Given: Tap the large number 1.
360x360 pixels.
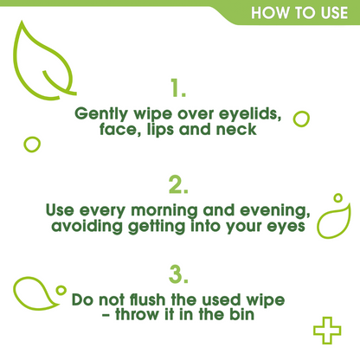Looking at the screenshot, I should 179,88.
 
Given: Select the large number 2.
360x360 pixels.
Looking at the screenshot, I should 179,184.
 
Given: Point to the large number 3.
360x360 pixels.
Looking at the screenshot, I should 179,275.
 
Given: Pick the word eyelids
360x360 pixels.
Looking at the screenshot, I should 252,113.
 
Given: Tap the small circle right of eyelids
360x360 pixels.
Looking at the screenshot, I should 302,119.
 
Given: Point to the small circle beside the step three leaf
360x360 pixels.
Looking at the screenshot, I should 61,290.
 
